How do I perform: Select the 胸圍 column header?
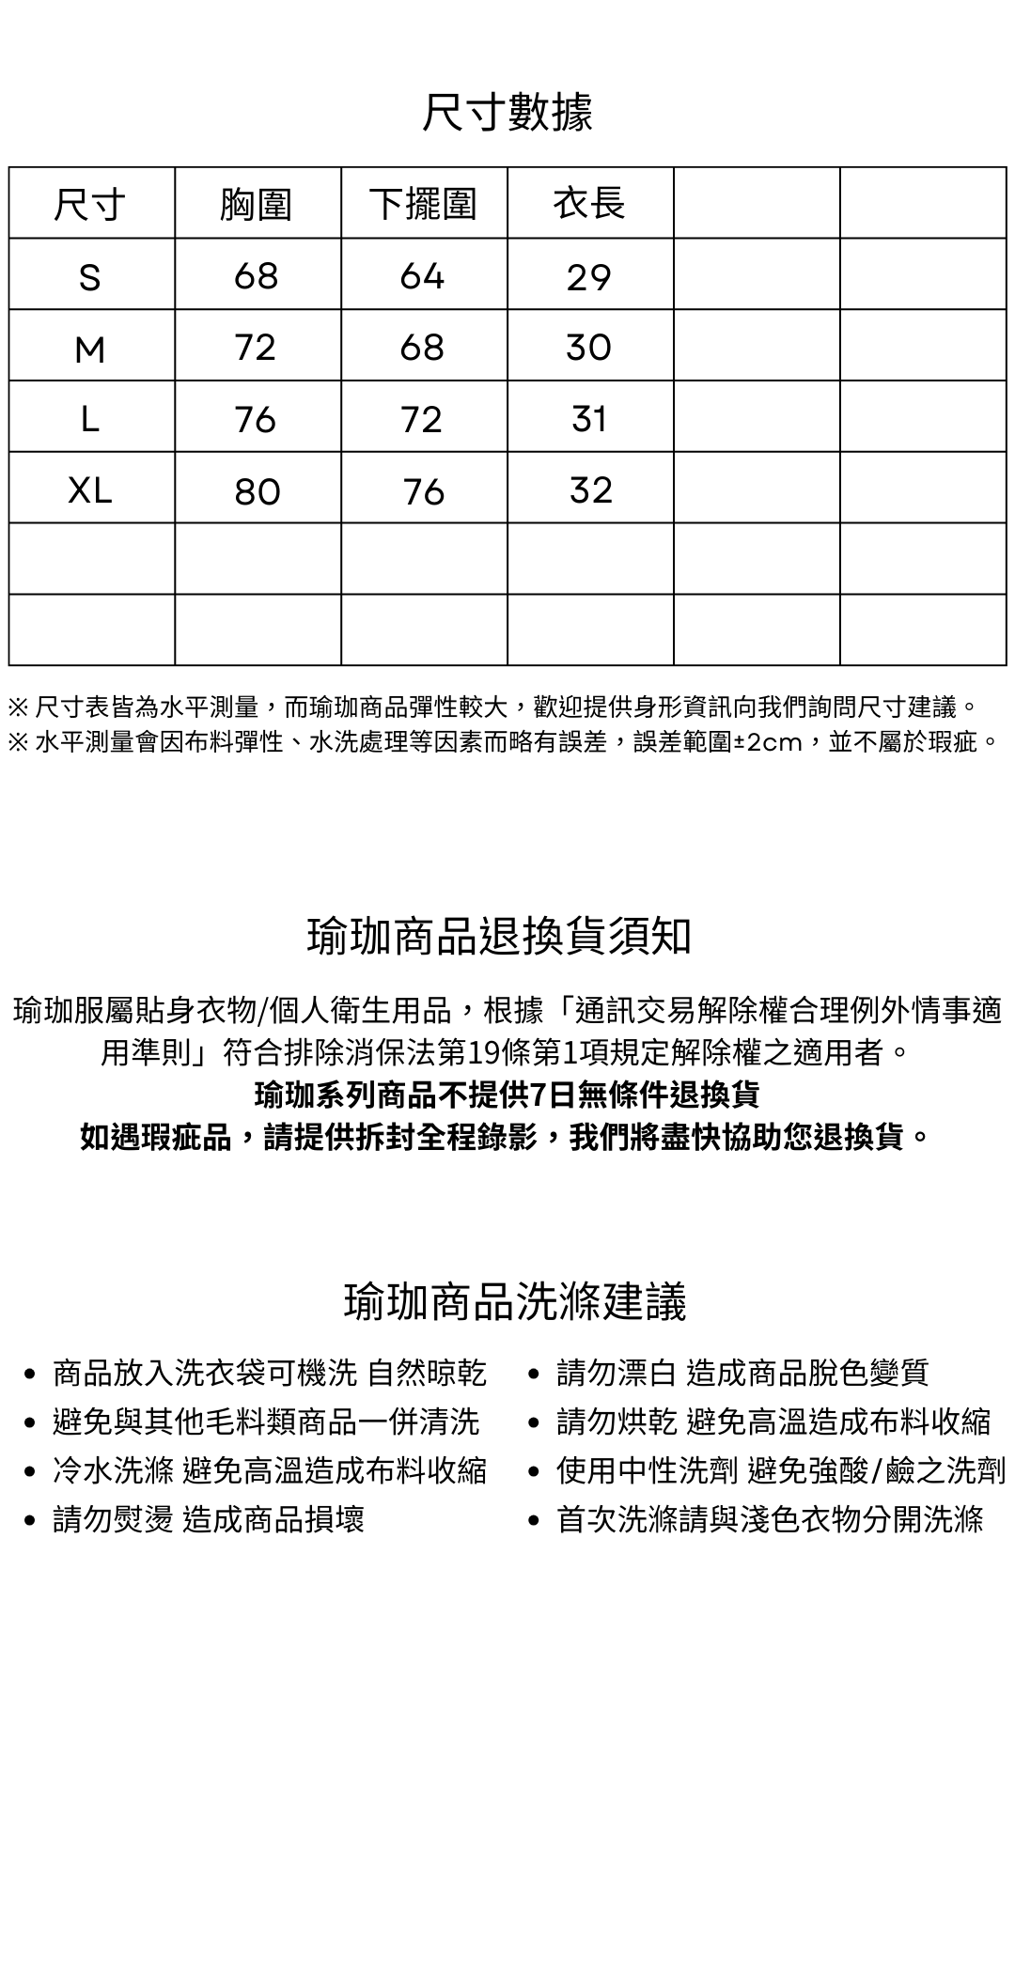pos(257,204)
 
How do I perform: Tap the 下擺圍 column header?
pos(423,204)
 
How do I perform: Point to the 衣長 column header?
pos(589,203)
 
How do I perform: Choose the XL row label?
pos(90,489)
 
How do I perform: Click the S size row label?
pos(90,277)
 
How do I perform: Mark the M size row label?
pos(90,350)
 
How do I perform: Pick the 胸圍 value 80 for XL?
pos(258,490)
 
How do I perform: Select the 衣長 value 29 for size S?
pos(589,277)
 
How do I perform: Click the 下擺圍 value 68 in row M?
pos(422,348)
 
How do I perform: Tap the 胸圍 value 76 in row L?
pos(256,419)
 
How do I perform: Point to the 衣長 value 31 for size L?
pos(589,418)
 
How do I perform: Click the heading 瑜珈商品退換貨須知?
pos(500,936)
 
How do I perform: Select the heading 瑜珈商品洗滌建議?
pos(515,1301)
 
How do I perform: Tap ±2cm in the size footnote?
pos(767,742)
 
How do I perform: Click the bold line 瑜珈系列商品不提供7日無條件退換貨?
pos(507,1095)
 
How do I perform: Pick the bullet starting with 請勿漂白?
pos(742,1373)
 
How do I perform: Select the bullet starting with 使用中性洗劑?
pos(780,1470)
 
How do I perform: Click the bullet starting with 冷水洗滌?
pos(269,1470)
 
